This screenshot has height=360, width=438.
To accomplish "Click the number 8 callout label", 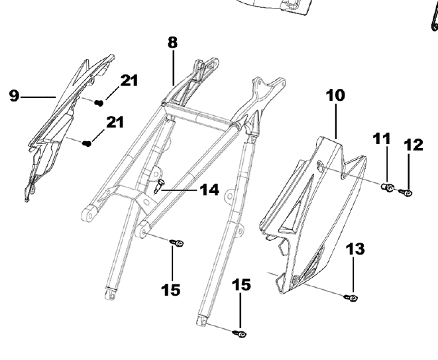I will click(x=172, y=42).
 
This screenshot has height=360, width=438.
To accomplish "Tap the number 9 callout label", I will click(x=14, y=96).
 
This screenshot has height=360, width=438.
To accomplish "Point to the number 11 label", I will click(x=382, y=139).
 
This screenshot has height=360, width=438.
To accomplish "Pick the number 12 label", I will click(x=413, y=145).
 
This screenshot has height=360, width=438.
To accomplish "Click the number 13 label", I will click(x=355, y=249).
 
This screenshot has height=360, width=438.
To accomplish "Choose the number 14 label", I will click(x=209, y=190).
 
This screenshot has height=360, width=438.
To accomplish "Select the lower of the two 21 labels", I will click(x=116, y=122).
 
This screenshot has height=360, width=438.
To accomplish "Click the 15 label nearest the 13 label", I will click(x=241, y=285).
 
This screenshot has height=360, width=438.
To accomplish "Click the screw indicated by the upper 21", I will click(x=99, y=103).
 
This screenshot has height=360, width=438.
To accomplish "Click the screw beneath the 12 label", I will click(x=406, y=193).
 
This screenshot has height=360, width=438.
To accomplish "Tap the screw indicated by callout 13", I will click(x=353, y=299).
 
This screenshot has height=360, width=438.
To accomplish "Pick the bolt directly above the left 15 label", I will click(x=178, y=243).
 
